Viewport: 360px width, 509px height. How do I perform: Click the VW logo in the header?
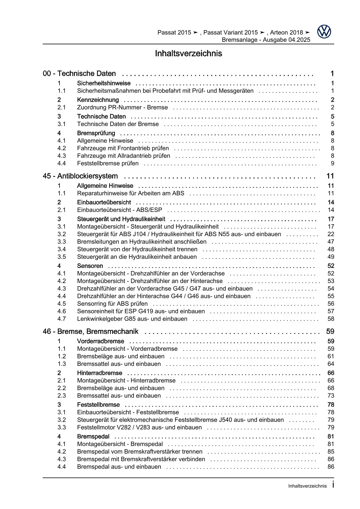pos(324,32)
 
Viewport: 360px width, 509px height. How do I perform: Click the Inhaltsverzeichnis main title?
pos(188,53)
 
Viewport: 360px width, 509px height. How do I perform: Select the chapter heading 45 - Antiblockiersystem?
pos(80,176)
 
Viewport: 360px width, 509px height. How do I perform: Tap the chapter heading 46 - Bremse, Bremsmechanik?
pos(91,331)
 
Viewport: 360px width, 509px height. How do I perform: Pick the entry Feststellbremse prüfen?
pos(108,163)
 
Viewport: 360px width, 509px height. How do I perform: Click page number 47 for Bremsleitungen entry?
pos(331,242)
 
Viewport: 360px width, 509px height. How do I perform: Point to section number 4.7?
pos(62,319)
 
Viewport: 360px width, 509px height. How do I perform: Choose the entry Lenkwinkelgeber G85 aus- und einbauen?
pos(132,319)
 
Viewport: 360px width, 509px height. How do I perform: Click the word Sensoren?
pos(90,266)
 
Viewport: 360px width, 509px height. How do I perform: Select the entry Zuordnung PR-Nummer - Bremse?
pos(122,107)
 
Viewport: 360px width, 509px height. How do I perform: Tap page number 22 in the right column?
pos(331,234)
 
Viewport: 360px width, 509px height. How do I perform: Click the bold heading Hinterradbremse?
pos(100,373)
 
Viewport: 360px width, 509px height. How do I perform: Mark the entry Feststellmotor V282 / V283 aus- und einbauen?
pos(139,427)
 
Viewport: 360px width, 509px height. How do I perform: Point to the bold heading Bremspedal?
pos(93,436)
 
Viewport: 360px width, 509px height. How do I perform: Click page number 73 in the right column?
pos(331,395)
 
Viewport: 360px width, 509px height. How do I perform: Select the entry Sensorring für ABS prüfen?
pos(112,303)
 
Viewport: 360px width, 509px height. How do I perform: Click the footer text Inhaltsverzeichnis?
pos(307,486)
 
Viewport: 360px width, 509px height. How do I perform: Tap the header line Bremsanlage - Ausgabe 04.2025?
pos(266,40)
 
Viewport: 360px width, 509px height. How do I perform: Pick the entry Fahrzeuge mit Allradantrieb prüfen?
pos(123,156)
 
